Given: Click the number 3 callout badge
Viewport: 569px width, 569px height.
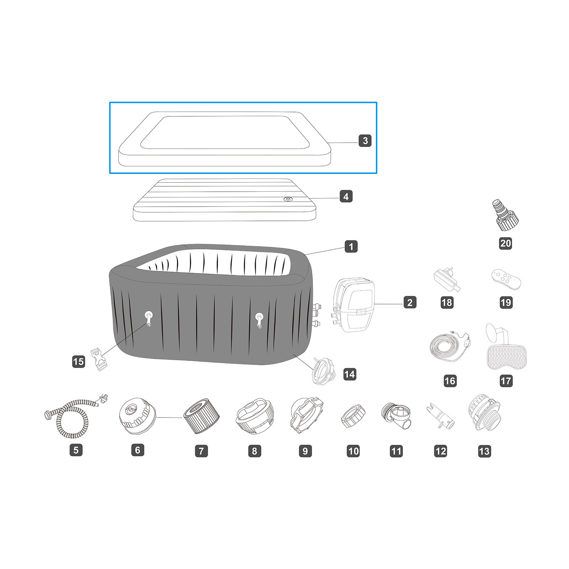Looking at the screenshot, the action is [x=365, y=140].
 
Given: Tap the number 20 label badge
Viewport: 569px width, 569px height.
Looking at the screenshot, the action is [x=505, y=243].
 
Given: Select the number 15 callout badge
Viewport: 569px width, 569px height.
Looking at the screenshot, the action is [x=79, y=362].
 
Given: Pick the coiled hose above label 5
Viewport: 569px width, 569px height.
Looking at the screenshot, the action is [x=76, y=416].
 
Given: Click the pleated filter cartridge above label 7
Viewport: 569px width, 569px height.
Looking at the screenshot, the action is [x=201, y=416].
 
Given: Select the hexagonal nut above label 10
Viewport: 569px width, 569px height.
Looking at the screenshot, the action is [x=353, y=416].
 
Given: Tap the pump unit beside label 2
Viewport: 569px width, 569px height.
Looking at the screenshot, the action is [x=353, y=305].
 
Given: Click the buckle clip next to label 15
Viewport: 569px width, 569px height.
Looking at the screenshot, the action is [x=99, y=359].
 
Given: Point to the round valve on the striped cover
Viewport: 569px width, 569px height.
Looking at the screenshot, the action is [x=287, y=199].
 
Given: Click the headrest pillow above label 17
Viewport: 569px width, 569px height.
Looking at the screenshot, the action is [x=506, y=347].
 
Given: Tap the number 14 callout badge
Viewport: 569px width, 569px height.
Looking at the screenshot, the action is [x=350, y=374].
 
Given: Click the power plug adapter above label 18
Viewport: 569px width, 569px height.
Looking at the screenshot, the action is [x=447, y=280].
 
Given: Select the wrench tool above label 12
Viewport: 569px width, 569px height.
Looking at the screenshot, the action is [x=440, y=416].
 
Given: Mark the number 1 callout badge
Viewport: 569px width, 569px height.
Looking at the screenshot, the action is [x=351, y=246].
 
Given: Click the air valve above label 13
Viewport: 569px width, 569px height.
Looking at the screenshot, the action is [x=484, y=413].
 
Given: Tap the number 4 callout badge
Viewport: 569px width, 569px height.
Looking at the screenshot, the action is [x=346, y=196].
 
